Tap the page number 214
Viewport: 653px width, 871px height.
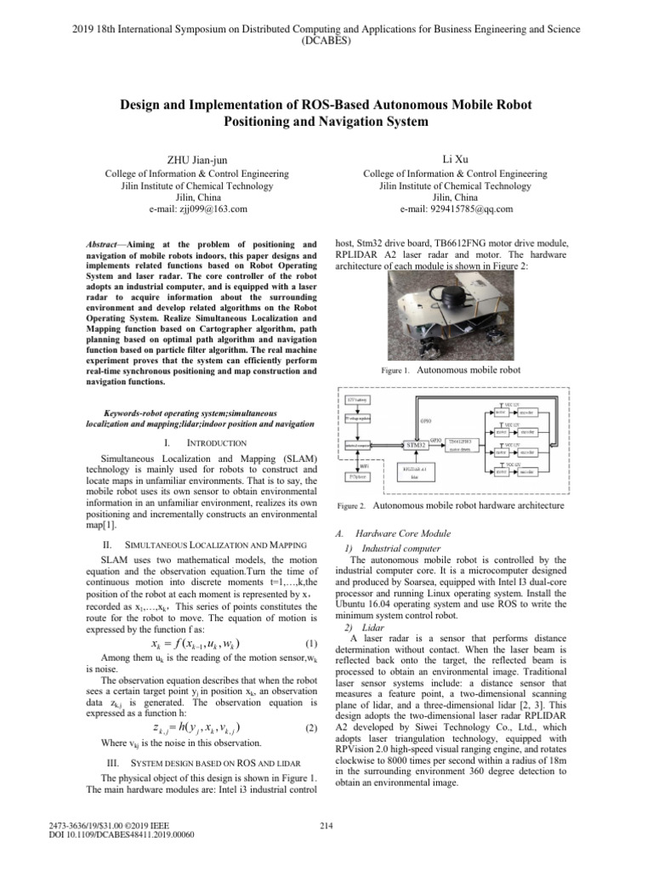(325, 846)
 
